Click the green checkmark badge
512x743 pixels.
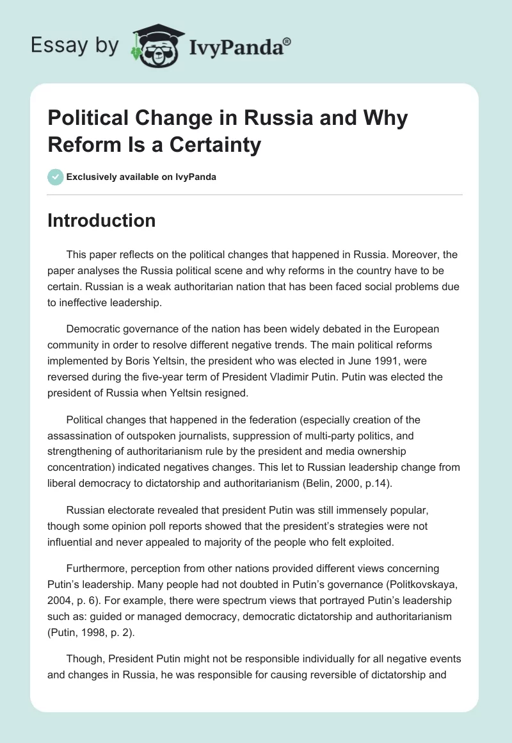click(56, 177)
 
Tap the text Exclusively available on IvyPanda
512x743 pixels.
click(141, 177)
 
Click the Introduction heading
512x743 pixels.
click(101, 220)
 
